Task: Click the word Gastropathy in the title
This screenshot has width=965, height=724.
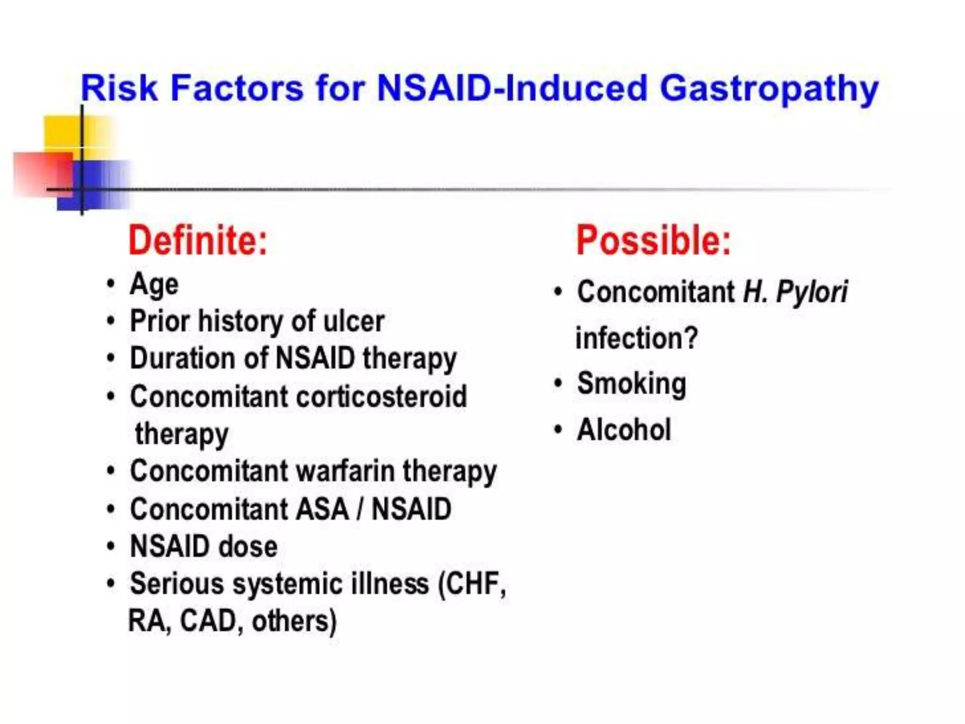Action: (769, 90)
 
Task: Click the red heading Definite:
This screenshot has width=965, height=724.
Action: (198, 241)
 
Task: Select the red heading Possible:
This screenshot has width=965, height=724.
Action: (653, 241)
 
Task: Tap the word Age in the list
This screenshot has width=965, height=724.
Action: (154, 285)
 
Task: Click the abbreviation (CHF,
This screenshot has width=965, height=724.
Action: (472, 584)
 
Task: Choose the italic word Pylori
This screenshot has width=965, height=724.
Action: (811, 292)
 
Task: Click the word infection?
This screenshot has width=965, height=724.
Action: (636, 338)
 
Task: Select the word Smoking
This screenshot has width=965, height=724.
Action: (631, 384)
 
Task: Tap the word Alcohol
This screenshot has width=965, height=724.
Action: (624, 430)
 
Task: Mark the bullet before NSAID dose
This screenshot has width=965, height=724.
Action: (111, 547)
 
